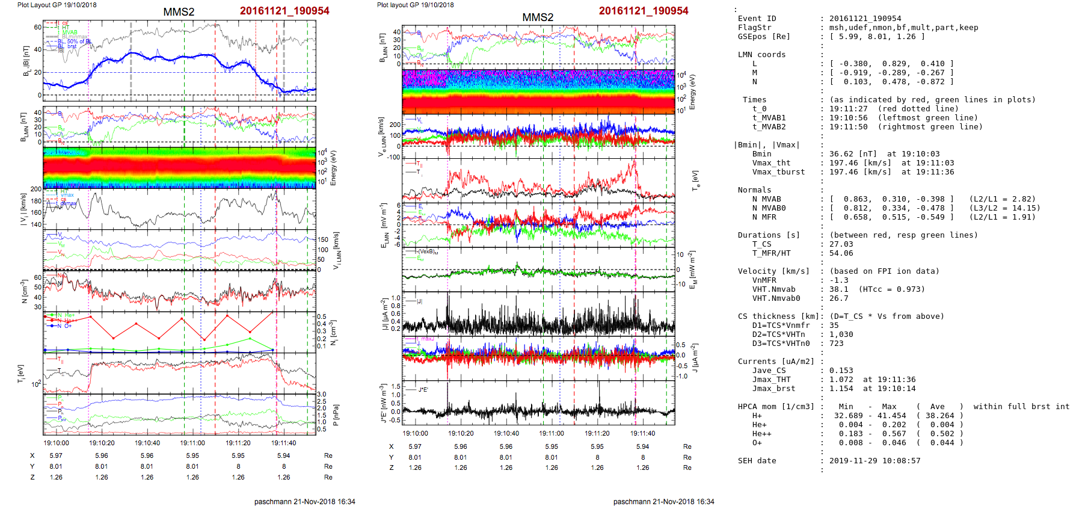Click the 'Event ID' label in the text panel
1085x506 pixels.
click(x=757, y=19)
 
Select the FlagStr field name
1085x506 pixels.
click(x=754, y=28)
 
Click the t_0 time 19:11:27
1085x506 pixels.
click(x=848, y=109)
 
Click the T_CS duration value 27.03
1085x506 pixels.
click(x=841, y=244)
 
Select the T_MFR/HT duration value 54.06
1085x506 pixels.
click(x=841, y=253)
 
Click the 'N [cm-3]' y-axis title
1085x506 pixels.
click(x=25, y=291)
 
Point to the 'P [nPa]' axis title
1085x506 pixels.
click(x=336, y=415)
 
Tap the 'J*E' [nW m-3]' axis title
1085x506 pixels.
click(x=383, y=404)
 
